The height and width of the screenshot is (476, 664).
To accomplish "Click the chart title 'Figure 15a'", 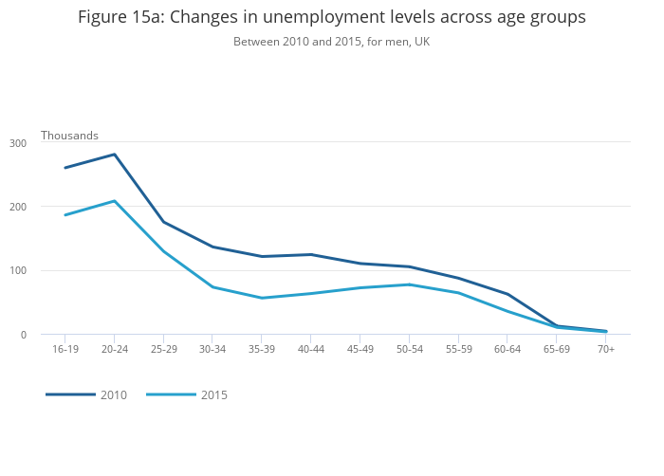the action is pos(121,17).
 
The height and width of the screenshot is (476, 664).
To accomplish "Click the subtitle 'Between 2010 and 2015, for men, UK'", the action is pos(332,42).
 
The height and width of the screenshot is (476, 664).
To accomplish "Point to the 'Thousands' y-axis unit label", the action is pos(69,136).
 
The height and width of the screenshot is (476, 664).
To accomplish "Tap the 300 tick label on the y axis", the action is pos(18,143).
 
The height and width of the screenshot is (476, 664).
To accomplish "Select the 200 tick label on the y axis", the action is pos(18,207).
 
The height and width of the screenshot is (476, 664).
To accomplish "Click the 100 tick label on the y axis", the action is pos(18,270).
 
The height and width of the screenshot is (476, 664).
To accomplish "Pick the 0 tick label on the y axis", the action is pos(24,335).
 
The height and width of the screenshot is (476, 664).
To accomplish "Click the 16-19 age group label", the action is pos(65,349).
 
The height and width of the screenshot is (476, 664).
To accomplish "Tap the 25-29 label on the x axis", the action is pos(164,349).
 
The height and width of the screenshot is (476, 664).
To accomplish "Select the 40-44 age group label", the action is pos(311,349).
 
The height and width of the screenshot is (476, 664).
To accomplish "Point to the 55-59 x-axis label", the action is pos(458,349).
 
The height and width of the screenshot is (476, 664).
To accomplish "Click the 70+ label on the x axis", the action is pos(606,349).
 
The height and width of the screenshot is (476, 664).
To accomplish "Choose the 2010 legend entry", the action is pos(86,394).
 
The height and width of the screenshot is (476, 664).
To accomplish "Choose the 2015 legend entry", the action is pos(187,394).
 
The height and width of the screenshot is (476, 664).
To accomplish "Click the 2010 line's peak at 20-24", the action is pos(115,155).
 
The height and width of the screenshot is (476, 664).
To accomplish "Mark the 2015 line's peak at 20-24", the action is pos(115,201).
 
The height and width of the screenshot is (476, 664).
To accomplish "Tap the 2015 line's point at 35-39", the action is pos(262,298).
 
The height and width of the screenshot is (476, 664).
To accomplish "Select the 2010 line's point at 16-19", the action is pos(65,168).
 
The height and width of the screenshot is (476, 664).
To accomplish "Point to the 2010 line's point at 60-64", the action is pos(507,294).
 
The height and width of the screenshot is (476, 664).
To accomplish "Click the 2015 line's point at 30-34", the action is pos(212,287).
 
